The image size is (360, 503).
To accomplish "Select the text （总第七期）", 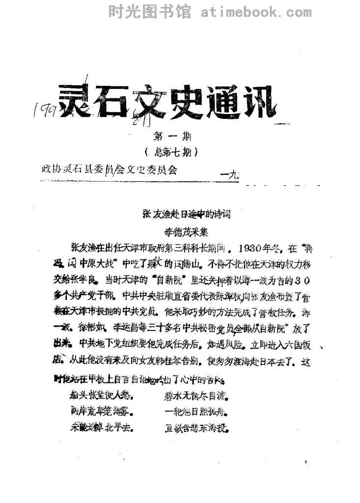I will (x=169, y=153).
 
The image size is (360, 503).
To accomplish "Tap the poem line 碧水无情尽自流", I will (x=197, y=395).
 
